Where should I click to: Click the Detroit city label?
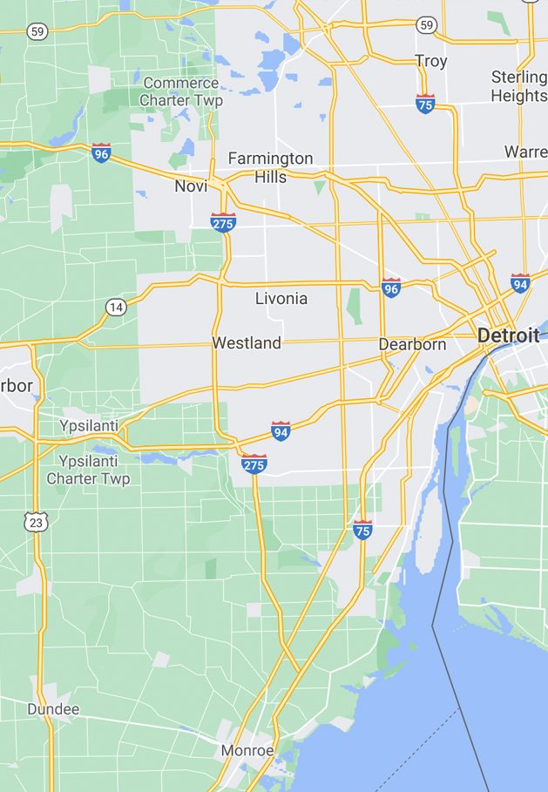(x=508, y=335)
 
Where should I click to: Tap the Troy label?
(x=431, y=61)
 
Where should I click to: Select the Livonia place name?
(x=281, y=298)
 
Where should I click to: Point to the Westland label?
(x=247, y=343)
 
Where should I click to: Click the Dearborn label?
(x=412, y=344)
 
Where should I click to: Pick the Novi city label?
(x=191, y=186)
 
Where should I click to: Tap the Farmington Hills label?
(x=270, y=166)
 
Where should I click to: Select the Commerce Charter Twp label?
(x=181, y=91)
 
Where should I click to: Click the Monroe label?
(x=247, y=750)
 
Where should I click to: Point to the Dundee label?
(x=53, y=709)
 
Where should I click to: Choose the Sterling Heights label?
(x=519, y=86)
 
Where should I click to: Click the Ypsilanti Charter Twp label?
(x=88, y=470)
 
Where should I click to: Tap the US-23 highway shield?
(x=35, y=522)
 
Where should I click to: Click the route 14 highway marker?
(x=116, y=307)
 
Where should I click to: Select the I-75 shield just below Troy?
(x=425, y=105)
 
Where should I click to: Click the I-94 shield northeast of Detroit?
(x=520, y=282)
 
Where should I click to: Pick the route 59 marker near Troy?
(x=426, y=24)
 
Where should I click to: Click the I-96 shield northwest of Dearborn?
(x=391, y=288)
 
